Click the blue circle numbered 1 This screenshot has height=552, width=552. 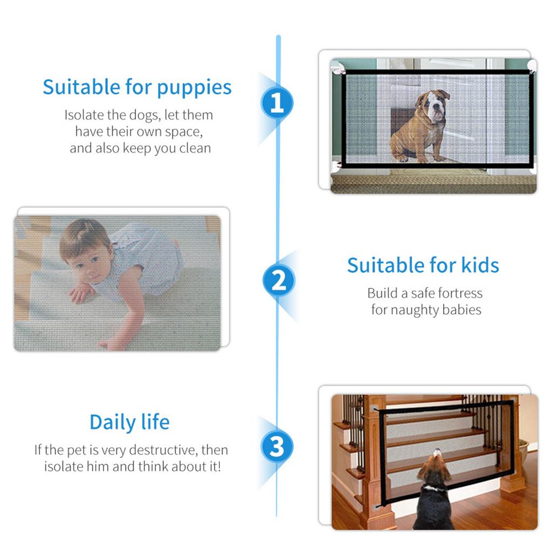click(277, 102)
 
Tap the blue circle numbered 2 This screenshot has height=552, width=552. click(278, 281)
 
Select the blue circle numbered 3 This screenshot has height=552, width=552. click(277, 447)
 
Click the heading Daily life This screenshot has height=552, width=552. click(129, 422)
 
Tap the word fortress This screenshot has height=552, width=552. click(454, 293)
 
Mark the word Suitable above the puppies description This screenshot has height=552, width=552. click(81, 87)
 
